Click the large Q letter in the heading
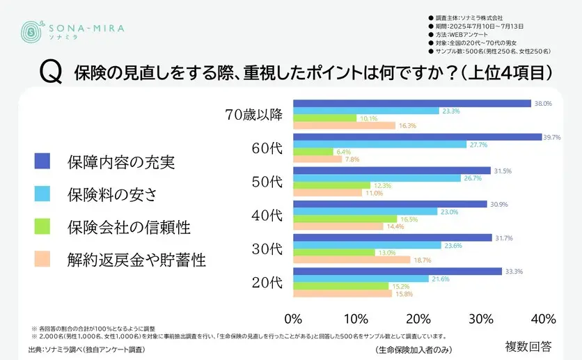coord(51,73)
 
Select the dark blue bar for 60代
coord(417,137)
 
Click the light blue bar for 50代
coord(377,178)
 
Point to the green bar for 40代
coord(345,219)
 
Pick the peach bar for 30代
coord(352,260)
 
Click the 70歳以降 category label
coord(254,115)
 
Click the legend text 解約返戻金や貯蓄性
coord(136,260)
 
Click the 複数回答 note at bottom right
coord(528,345)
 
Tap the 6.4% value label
coord(343,152)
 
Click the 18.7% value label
coord(423,260)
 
